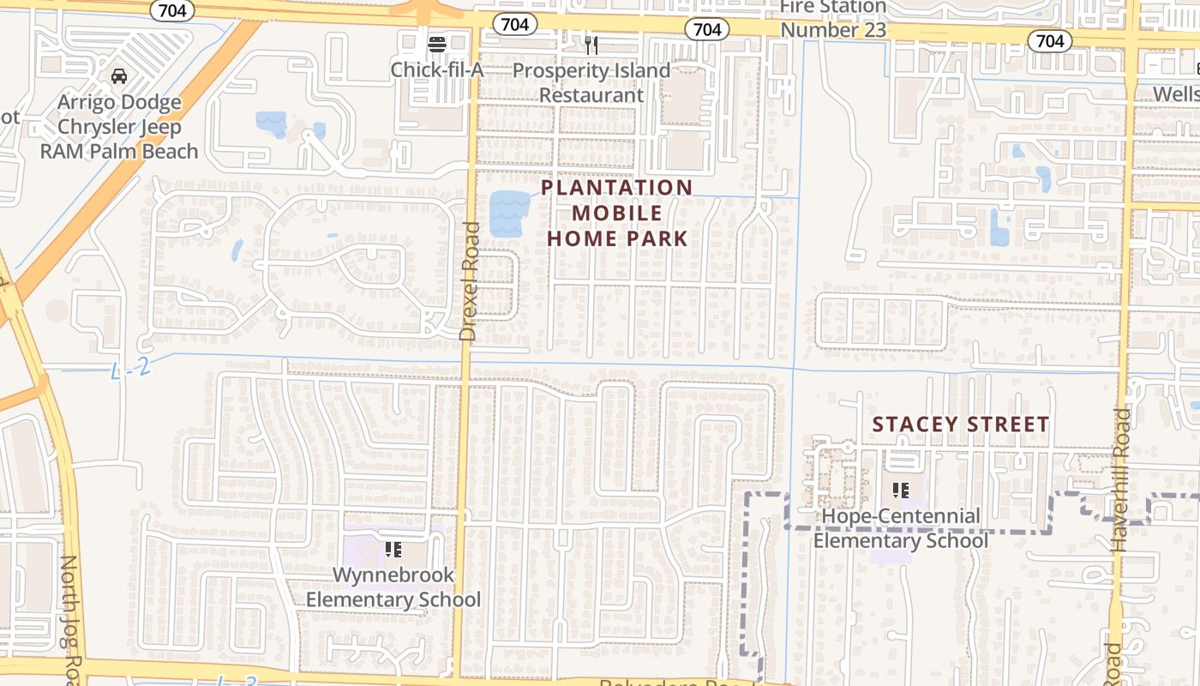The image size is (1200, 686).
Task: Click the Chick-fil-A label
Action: pyautogui.click(x=437, y=69)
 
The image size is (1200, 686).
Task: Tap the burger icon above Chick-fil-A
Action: pyautogui.click(x=437, y=43)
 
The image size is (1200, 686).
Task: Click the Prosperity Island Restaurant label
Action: pyautogui.click(x=591, y=82)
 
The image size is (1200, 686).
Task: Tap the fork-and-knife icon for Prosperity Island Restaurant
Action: pyautogui.click(x=591, y=45)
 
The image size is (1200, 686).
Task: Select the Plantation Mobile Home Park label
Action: pyautogui.click(x=617, y=213)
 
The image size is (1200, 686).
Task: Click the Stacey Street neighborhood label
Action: pyautogui.click(x=960, y=424)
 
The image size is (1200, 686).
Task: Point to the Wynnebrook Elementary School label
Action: pyautogui.click(x=393, y=587)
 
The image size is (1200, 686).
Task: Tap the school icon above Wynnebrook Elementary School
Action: pyautogui.click(x=393, y=549)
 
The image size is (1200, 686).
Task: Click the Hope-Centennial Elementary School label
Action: pyautogui.click(x=900, y=528)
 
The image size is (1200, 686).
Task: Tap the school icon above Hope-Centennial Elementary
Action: pyautogui.click(x=900, y=490)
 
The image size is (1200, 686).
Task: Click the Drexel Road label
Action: pyautogui.click(x=469, y=281)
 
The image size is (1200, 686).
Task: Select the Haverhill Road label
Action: pyautogui.click(x=1122, y=478)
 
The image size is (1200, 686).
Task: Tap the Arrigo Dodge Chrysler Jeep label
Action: pyautogui.click(x=119, y=127)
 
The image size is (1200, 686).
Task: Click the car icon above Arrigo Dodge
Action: pyautogui.click(x=119, y=76)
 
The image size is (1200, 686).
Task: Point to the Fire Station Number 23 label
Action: pyautogui.click(x=832, y=18)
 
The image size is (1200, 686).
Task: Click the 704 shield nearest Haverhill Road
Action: pyautogui.click(x=1050, y=40)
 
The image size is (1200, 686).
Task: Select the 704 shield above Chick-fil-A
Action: pyautogui.click(x=514, y=24)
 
